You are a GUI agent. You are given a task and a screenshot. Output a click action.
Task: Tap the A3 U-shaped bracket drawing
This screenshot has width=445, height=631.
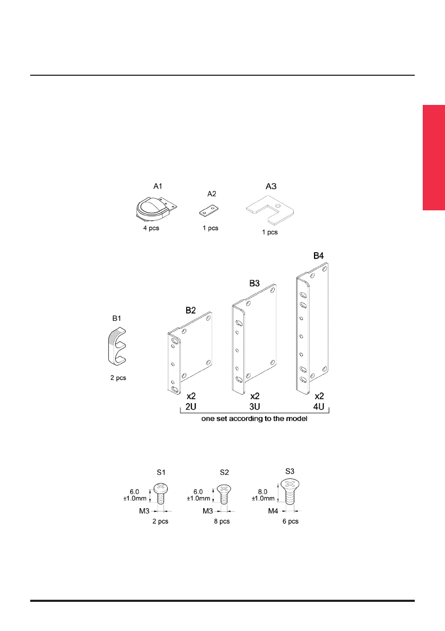coord(270,210)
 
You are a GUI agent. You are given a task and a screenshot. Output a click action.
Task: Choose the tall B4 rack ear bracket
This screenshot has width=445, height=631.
coord(312,328)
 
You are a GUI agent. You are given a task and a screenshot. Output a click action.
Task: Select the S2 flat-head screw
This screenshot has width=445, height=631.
coord(224,494)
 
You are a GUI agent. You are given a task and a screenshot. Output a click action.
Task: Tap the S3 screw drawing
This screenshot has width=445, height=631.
coord(290,492)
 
